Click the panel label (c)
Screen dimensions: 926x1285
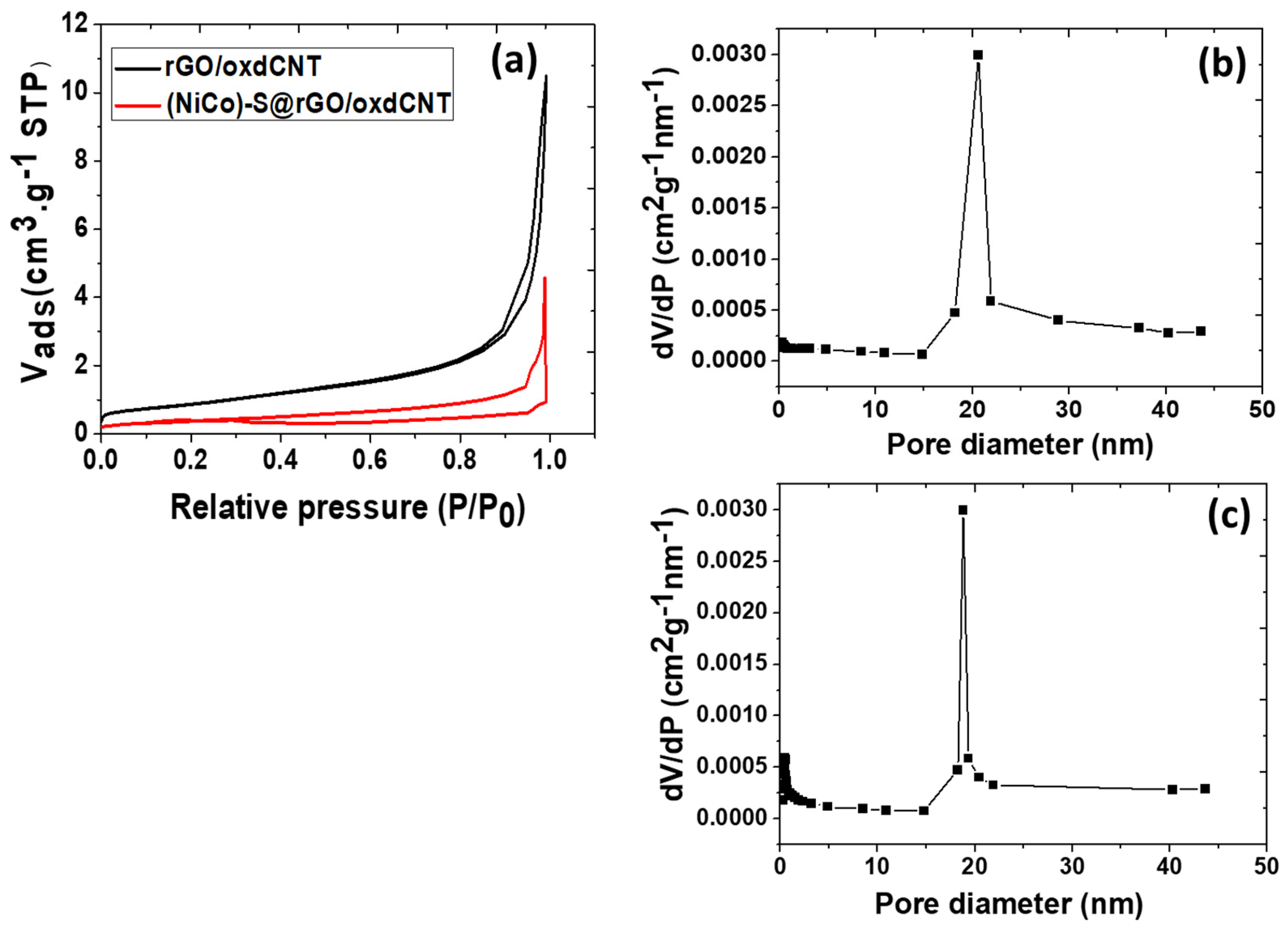click(x=1228, y=517)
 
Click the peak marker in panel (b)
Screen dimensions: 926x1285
click(x=978, y=55)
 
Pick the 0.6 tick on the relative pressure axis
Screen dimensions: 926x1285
click(x=370, y=460)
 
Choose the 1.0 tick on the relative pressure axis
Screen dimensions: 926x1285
click(x=549, y=460)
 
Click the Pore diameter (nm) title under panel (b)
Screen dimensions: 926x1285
click(x=1020, y=445)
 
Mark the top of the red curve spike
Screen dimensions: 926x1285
click(x=544, y=277)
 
